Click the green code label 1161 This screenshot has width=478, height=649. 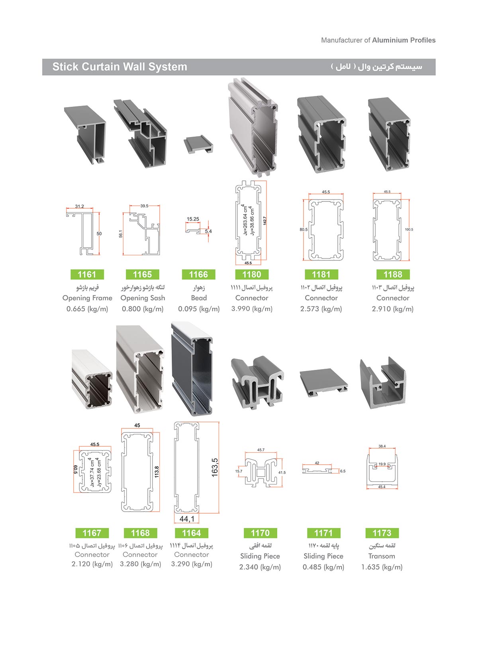pyautogui.click(x=87, y=274)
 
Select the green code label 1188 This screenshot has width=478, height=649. pyautogui.click(x=393, y=274)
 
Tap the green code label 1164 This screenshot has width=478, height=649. pyautogui.click(x=191, y=533)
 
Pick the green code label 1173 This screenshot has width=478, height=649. pyautogui.click(x=382, y=533)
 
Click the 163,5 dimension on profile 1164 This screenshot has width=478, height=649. pyautogui.click(x=215, y=467)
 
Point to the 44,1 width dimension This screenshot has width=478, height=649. pyautogui.click(x=187, y=519)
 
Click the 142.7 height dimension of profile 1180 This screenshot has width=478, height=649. pyautogui.click(x=264, y=221)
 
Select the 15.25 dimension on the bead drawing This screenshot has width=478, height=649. pyautogui.click(x=193, y=219)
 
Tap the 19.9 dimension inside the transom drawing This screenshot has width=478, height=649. pyautogui.click(x=382, y=464)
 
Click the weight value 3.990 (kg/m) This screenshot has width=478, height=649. pyautogui.click(x=252, y=309)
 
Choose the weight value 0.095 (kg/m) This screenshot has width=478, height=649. pyautogui.click(x=199, y=309)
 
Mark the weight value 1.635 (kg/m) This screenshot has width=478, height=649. pyautogui.click(x=382, y=567)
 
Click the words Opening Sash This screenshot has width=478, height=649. pyautogui.click(x=143, y=298)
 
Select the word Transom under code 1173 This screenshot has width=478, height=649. pyautogui.click(x=382, y=556)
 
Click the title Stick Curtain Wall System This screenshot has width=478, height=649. pyautogui.click(x=120, y=66)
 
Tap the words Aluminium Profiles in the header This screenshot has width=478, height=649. pyautogui.click(x=404, y=40)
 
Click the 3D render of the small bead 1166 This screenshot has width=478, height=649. pyautogui.click(x=198, y=144)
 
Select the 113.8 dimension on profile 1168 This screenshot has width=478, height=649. pyautogui.click(x=157, y=472)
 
